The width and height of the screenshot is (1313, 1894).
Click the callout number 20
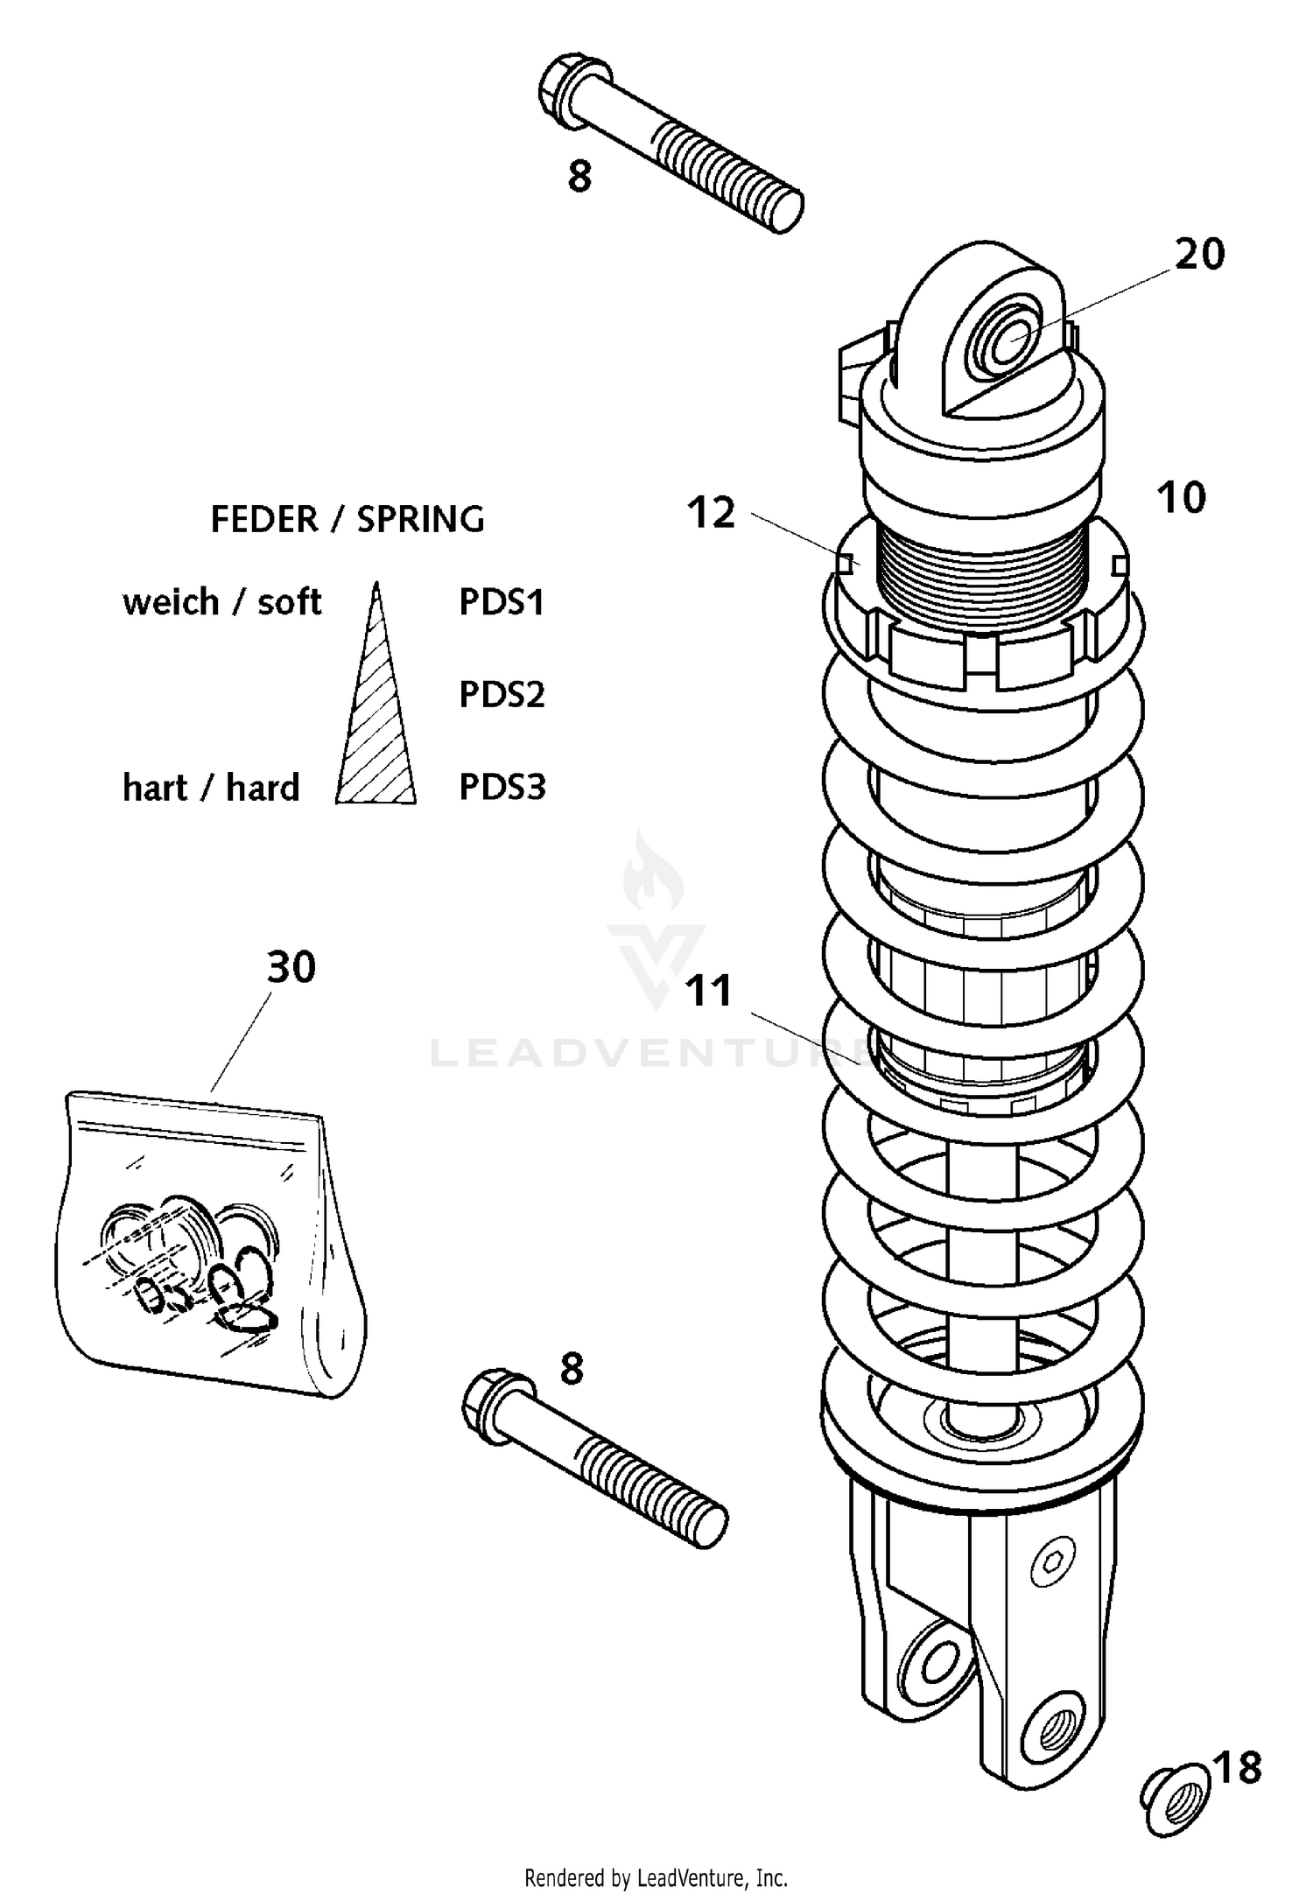point(1199,255)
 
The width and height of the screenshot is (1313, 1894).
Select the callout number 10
point(1181,498)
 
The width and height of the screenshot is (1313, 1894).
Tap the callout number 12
point(711,514)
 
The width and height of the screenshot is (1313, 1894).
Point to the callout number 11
point(708,992)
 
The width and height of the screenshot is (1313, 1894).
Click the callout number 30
point(291,967)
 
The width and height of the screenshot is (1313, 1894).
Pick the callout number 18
point(1239,1768)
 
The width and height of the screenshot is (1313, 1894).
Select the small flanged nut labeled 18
point(1177,1799)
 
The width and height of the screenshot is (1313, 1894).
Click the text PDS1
point(502,602)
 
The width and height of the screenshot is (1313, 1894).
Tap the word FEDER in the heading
point(263,520)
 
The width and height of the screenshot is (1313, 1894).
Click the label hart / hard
point(211,788)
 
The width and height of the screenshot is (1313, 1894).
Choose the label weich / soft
point(221,602)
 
